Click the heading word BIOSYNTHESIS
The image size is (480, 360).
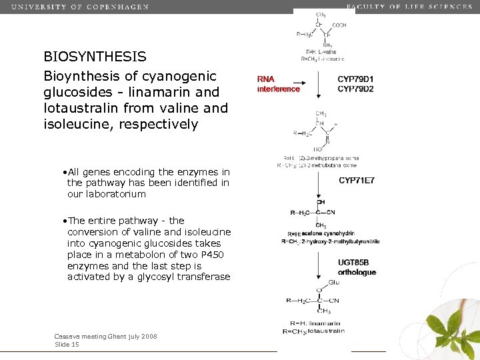(95, 57)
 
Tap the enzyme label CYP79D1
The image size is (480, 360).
(355, 79)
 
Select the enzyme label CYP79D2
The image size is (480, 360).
(355, 89)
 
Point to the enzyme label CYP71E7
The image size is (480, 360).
(357, 180)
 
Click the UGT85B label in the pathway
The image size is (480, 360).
(353, 263)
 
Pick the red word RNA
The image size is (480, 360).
(266, 79)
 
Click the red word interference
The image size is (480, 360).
(278, 89)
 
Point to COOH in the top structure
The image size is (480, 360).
(339, 25)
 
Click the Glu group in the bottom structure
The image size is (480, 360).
(334, 282)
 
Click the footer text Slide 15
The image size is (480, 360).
(67, 345)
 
